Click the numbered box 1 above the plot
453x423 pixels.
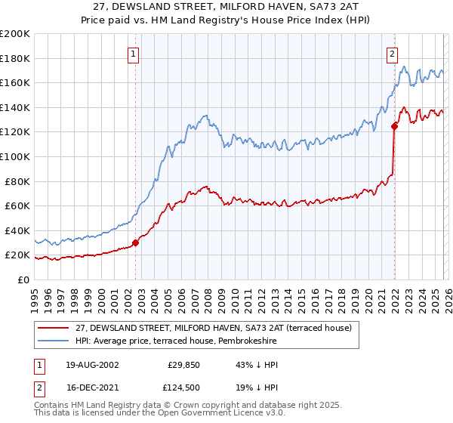(x=134, y=54)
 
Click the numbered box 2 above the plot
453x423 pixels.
(x=393, y=54)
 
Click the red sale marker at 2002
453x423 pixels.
(x=136, y=242)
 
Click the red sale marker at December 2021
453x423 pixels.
(x=394, y=126)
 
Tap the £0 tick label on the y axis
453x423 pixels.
(x=23, y=279)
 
